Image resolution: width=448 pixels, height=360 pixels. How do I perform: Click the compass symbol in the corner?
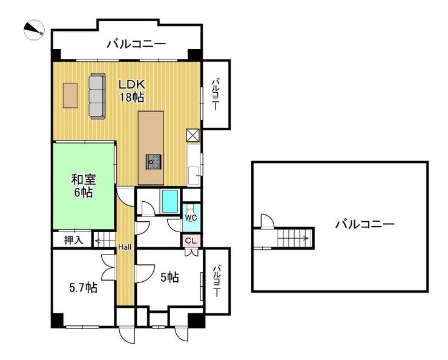[x=34, y=29]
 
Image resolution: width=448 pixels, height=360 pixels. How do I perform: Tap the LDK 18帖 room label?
[x=132, y=91]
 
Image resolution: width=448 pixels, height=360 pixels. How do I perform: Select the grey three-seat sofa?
[x=97, y=96]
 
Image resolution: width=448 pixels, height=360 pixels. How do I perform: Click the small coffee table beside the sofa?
[x=70, y=96]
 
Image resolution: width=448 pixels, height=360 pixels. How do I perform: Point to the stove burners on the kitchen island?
[x=154, y=162]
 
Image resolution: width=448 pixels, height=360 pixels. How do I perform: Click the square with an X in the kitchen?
[x=193, y=136]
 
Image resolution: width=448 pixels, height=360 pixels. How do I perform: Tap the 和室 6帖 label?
[x=84, y=186]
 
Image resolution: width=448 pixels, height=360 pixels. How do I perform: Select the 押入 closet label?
[x=73, y=240]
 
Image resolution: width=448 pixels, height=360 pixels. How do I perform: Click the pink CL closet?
[x=191, y=241]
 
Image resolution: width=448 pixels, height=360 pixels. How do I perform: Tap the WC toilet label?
[x=191, y=218]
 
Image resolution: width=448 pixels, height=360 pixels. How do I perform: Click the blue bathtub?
[x=170, y=201]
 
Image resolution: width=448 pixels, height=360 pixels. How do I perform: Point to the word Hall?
[x=125, y=247]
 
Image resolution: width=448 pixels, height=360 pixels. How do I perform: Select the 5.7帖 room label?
[x=83, y=287]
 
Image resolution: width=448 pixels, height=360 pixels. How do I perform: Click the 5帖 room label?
[x=170, y=277]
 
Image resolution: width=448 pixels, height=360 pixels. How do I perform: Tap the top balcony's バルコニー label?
[x=136, y=44]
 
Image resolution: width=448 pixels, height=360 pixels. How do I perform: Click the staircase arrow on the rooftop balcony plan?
[x=293, y=238]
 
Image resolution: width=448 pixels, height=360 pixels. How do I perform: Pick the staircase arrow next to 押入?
[x=104, y=241]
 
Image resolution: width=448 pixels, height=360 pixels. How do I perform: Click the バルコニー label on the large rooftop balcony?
[x=364, y=224]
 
